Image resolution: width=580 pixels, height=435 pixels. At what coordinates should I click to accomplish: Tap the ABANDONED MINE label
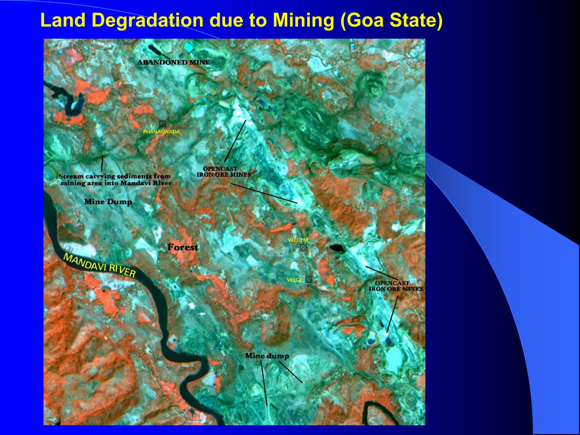tap(174, 62)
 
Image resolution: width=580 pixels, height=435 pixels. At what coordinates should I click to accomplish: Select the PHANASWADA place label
tap(161, 132)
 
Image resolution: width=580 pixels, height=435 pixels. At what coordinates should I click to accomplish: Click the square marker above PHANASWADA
tap(162, 124)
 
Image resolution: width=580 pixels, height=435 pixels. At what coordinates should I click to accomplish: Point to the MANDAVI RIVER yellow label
tap(99, 265)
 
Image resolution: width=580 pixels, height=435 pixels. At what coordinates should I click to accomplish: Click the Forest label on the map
tap(183, 247)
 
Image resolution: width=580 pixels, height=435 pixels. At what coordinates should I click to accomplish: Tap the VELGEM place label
tap(298, 240)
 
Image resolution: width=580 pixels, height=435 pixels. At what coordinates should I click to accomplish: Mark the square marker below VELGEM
tap(303, 248)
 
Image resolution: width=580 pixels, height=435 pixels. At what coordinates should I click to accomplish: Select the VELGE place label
tap(295, 280)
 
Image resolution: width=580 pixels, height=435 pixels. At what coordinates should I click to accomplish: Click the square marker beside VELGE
tap(309, 280)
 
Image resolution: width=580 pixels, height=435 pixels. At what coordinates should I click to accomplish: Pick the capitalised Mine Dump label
tap(108, 202)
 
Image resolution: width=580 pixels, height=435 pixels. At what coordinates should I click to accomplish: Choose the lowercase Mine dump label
tap(267, 356)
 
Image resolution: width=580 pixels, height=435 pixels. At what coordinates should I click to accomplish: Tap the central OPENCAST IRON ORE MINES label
tap(224, 172)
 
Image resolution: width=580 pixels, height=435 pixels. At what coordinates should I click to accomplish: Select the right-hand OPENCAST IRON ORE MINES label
tap(395, 286)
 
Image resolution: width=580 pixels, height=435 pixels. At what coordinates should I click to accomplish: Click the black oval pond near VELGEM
tap(337, 248)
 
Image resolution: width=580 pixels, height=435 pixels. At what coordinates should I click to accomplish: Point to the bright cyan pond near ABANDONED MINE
tap(188, 47)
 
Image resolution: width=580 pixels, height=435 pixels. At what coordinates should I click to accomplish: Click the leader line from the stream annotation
tap(102, 163)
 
